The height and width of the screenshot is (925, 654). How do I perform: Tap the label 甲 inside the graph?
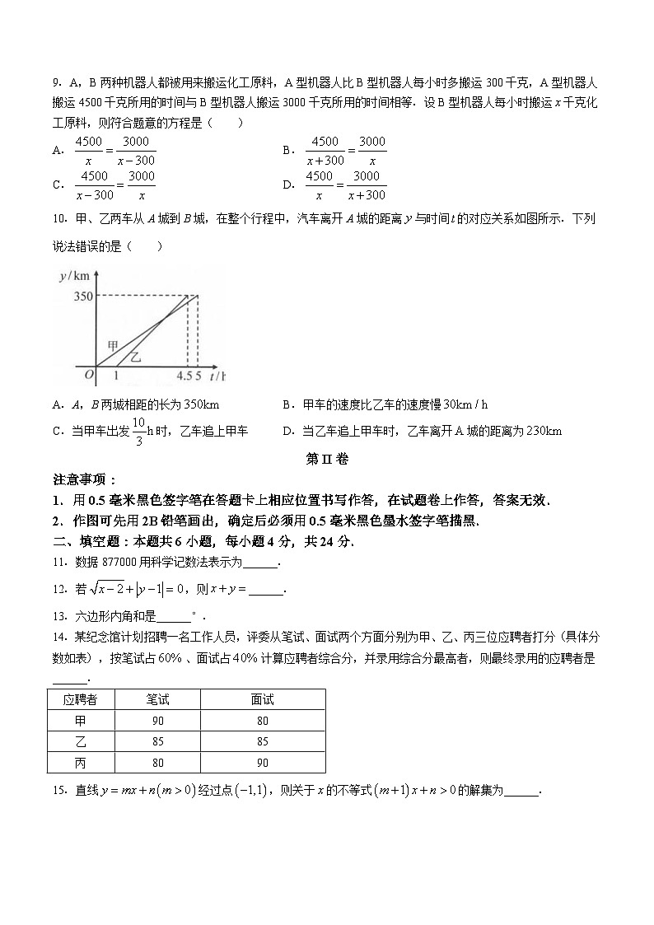click(x=114, y=345)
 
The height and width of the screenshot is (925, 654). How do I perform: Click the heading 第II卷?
click(x=327, y=459)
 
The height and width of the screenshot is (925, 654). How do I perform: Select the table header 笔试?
click(x=158, y=699)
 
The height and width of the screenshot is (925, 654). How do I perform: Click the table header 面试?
click(x=263, y=699)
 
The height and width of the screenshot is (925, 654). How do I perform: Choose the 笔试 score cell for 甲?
click(x=158, y=721)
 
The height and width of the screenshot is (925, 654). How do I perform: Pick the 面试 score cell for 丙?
click(x=263, y=763)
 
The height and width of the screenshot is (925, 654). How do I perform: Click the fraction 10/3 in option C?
click(x=138, y=431)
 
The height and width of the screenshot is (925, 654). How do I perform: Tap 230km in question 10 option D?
click(x=544, y=431)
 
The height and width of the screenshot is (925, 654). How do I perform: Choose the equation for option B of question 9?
click(x=346, y=151)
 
